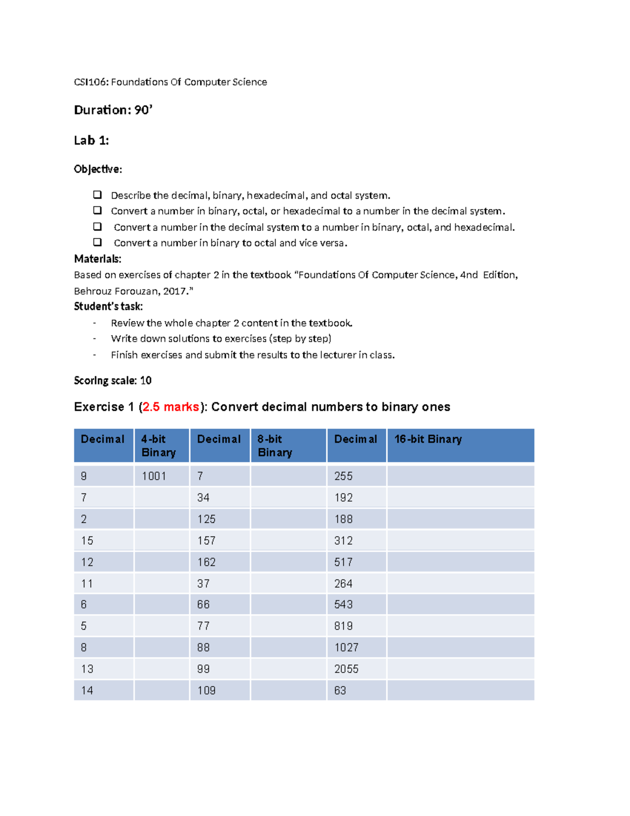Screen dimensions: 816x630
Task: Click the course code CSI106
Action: (x=91, y=82)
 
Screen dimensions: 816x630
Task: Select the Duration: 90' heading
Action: (x=113, y=110)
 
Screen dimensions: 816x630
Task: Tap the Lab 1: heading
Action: (x=91, y=140)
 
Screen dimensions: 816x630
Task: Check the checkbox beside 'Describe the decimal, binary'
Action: (x=97, y=195)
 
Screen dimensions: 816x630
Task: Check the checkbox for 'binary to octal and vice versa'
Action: (x=97, y=242)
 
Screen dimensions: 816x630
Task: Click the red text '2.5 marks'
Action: (x=171, y=407)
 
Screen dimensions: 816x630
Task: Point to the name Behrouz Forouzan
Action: (x=117, y=291)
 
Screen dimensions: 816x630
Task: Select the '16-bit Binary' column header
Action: (x=428, y=439)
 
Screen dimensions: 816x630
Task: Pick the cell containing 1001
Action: (x=154, y=476)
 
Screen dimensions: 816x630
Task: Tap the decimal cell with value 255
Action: (x=343, y=476)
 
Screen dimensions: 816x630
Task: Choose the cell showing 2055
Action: (x=346, y=669)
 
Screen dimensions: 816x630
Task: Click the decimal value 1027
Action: (x=346, y=647)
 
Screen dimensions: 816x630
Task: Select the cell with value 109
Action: (x=206, y=690)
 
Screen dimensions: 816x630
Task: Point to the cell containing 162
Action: (x=206, y=562)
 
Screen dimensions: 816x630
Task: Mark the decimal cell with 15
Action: (x=87, y=541)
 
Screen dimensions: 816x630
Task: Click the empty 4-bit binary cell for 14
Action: (x=162, y=690)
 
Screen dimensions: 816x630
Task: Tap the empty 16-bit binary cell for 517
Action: (x=460, y=562)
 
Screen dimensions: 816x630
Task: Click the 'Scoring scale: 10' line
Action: (x=113, y=380)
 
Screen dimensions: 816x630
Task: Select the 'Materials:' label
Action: (x=98, y=259)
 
